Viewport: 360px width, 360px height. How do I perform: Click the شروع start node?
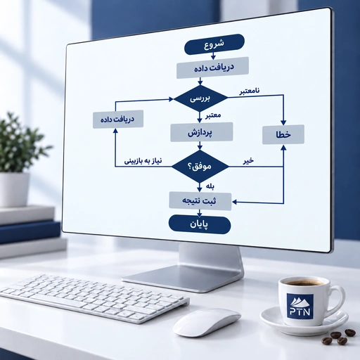[214, 44]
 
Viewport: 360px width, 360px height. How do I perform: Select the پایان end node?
[200, 225]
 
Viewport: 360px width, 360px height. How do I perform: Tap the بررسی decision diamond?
[200, 98]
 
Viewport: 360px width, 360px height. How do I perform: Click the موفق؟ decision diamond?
[200, 166]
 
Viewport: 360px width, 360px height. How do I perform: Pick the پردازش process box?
[201, 132]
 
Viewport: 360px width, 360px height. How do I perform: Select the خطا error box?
[283, 134]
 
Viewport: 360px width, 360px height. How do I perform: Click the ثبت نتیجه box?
[200, 201]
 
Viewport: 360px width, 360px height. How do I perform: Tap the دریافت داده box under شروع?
[212, 67]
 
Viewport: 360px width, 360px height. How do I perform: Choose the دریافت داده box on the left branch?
[118, 119]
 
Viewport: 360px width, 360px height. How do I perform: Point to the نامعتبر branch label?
[250, 91]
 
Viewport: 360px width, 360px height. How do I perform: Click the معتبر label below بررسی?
[213, 115]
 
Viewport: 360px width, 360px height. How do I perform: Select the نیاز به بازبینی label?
[143, 161]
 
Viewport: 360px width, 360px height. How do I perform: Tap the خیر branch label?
[248, 161]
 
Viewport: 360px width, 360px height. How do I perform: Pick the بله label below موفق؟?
[210, 186]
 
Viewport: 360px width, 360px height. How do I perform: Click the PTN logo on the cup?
[300, 306]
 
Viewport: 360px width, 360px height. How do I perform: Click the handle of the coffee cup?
[338, 301]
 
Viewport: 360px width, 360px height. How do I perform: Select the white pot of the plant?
[14, 190]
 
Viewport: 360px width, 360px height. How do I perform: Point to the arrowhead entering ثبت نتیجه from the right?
[234, 202]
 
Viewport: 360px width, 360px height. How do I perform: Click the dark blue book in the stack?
[30, 232]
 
